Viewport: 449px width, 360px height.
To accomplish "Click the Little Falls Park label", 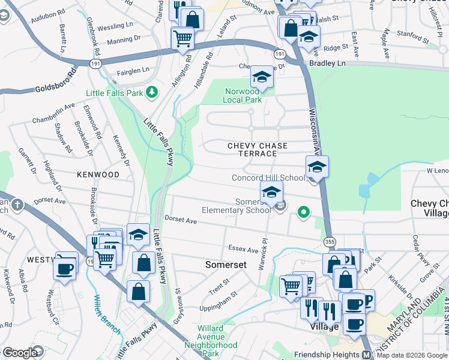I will [115, 93].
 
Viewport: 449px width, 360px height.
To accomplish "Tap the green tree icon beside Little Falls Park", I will [152, 92].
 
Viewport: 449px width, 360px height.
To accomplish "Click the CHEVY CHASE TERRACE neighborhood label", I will [258, 150].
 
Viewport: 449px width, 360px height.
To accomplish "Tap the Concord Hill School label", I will [268, 178].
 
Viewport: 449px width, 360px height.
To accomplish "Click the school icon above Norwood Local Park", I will [261, 77].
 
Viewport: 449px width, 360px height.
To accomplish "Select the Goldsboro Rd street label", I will [56, 79].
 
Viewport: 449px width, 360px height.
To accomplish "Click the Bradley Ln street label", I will [328, 63].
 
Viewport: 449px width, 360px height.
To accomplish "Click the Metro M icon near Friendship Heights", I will [366, 355].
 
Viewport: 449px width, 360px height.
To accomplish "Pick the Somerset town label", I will [226, 265].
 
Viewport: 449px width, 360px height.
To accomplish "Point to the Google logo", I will [20, 353].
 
